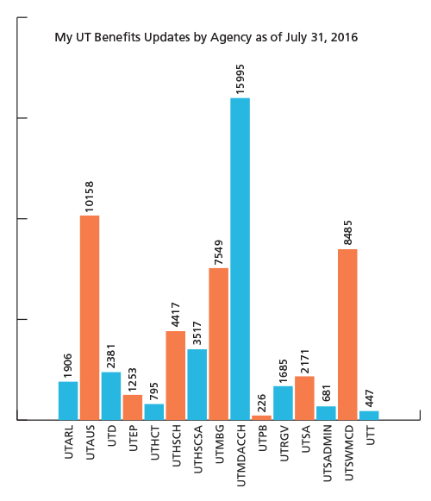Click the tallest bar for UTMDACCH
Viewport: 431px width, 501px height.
240,259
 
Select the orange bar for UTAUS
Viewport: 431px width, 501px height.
90,317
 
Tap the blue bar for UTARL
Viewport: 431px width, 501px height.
68,401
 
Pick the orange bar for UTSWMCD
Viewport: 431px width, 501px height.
347,335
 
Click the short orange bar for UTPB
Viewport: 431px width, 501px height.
261,417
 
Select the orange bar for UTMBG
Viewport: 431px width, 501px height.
218,344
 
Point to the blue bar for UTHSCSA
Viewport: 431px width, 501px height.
197,385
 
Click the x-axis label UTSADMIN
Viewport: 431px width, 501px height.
327,453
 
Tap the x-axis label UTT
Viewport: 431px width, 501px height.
370,437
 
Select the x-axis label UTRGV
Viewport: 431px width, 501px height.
284,443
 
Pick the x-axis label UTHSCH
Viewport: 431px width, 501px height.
176,445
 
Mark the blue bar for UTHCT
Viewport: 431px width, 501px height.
154,412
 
